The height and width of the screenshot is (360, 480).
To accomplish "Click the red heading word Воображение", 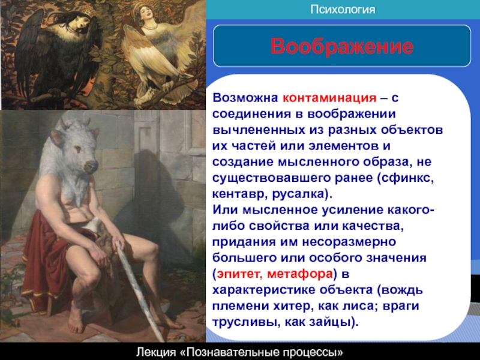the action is (341, 47).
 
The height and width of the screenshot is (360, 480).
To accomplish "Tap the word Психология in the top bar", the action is (343, 9).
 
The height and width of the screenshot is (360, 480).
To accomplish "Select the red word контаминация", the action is (329, 98).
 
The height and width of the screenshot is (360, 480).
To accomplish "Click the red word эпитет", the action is (238, 274).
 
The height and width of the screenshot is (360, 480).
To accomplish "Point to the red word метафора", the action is (299, 274).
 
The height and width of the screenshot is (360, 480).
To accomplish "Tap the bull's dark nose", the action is (91, 166).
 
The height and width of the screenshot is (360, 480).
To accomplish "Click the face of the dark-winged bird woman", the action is (80, 24).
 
